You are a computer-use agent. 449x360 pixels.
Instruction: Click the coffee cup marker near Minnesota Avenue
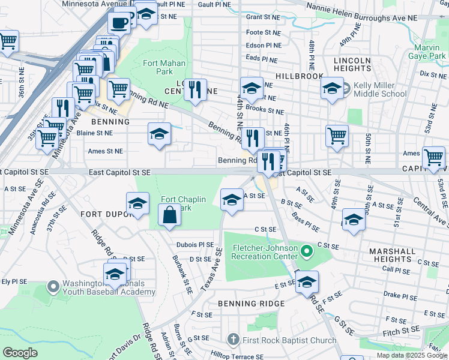click(119, 23)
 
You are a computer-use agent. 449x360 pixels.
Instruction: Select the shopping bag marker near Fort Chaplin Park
click(170, 214)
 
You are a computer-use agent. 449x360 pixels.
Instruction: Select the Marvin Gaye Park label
click(430, 52)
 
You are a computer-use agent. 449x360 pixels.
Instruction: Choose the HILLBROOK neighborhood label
click(300, 77)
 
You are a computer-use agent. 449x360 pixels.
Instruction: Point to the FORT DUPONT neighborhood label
click(105, 214)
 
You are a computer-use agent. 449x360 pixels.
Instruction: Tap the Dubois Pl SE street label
click(195, 245)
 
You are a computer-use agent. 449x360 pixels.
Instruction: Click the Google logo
click(20, 353)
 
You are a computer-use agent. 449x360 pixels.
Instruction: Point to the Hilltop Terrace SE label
click(238, 356)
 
